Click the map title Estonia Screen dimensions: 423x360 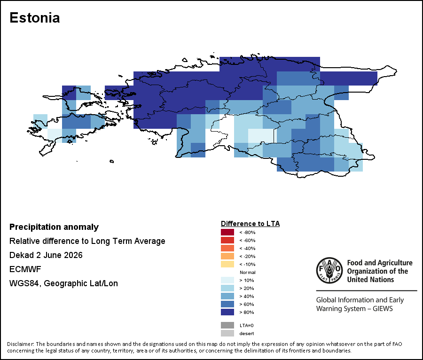(x=34, y=18)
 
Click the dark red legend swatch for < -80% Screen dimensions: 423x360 (x=227, y=232)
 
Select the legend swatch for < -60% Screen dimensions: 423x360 (x=227, y=240)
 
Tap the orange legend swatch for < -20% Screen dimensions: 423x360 (x=227, y=256)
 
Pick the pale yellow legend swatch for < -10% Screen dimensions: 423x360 (x=227, y=264)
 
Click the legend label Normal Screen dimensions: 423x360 (x=247, y=273)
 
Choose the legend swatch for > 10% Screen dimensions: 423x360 (x=227, y=280)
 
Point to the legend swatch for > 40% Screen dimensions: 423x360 (x=227, y=296)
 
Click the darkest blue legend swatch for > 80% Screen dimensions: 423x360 (x=227, y=312)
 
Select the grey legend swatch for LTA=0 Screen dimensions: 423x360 (x=227, y=325)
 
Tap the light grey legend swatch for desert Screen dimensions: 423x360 (x=227, y=333)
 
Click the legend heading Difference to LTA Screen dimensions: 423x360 (x=251, y=224)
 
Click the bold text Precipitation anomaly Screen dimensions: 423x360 (x=54, y=227)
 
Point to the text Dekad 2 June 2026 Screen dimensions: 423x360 (x=46, y=255)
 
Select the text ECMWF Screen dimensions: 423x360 (x=25, y=269)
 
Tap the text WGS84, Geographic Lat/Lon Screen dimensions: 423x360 (x=63, y=283)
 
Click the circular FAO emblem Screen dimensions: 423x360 (x=329, y=271)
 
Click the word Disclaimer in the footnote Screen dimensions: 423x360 (x=20, y=344)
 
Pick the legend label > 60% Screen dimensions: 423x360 (x=247, y=304)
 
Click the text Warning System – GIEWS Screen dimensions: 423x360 (x=354, y=308)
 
